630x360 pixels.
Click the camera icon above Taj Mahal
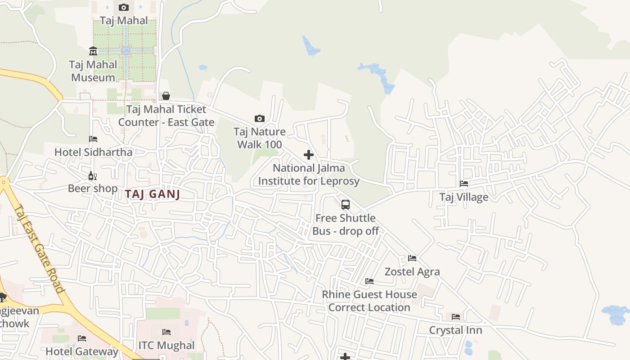pos(124,7)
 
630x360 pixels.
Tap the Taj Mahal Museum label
pos(93,71)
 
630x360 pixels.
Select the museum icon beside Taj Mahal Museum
pos(93,51)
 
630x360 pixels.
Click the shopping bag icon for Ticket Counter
pos(166,96)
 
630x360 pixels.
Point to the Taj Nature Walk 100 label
pos(260,138)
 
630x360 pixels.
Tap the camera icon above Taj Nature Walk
pos(260,119)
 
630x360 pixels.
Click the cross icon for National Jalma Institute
pos(309,155)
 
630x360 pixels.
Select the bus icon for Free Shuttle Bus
pos(346,205)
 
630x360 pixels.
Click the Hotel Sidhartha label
pos(94,152)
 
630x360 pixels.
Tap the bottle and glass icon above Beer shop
pos(93,175)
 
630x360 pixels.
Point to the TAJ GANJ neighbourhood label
pos(153,194)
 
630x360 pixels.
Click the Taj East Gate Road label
pos(40,249)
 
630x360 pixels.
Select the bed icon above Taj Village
pos(464,184)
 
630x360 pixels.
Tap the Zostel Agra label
pos(412,272)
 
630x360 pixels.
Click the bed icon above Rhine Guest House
pos(369,281)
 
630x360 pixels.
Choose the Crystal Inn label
pos(455,330)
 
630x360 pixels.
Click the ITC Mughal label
pos(166,346)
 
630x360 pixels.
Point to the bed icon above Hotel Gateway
pos(81,338)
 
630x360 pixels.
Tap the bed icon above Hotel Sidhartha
pos(93,139)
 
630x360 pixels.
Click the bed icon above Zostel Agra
pos(412,258)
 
